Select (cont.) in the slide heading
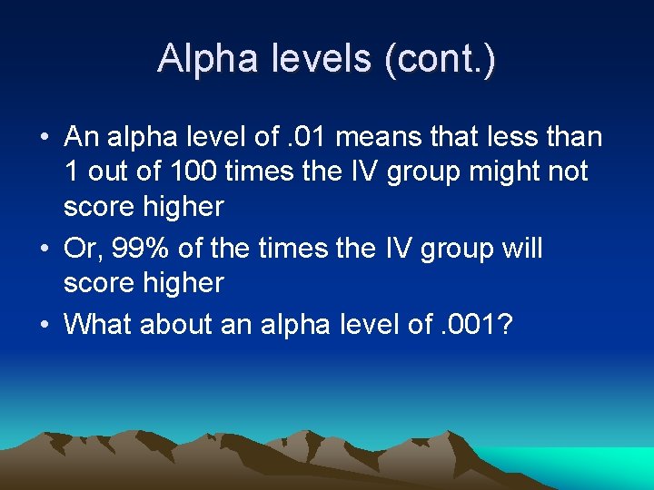441,60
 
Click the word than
575,137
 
